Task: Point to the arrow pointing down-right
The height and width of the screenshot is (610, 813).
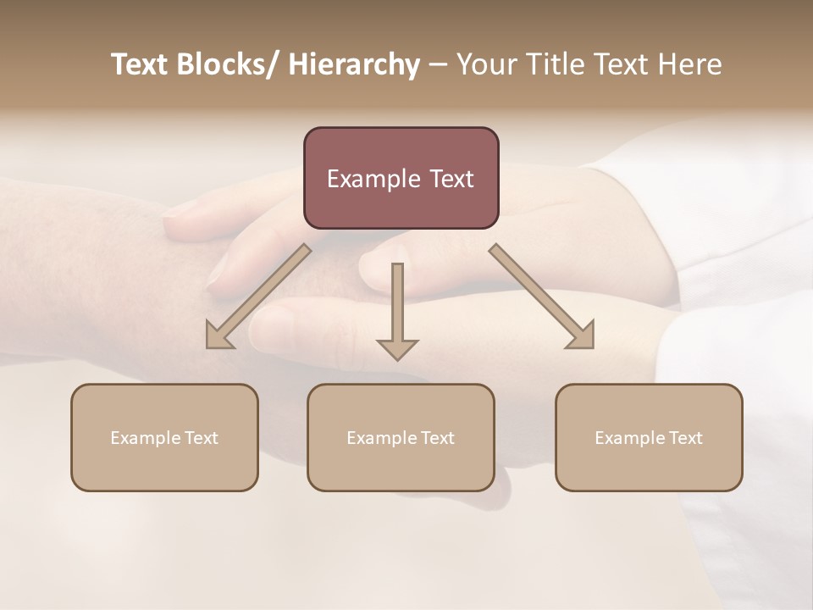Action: pos(542,297)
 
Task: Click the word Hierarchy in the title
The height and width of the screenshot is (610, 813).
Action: pos(354,64)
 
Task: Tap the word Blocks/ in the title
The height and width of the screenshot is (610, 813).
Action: pos(224,64)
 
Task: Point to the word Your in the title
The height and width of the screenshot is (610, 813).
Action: pos(485,64)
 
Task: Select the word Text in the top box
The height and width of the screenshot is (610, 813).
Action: pos(449,179)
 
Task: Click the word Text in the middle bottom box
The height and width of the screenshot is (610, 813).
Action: pos(437,438)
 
